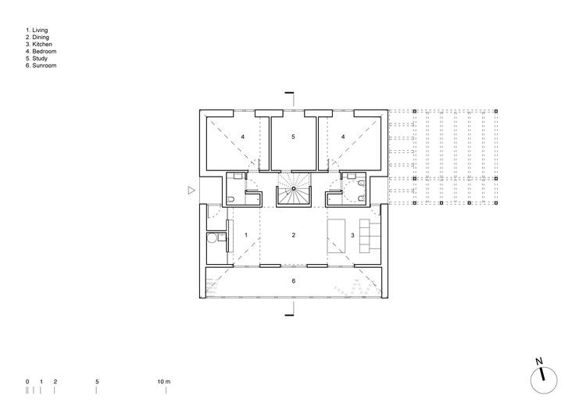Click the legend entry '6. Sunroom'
pyautogui.click(x=41, y=66)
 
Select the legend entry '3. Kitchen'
pyautogui.click(x=39, y=44)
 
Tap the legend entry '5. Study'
pyautogui.click(x=36, y=59)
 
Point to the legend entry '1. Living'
pyautogui.click(x=37, y=30)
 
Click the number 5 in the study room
pyautogui.click(x=293, y=137)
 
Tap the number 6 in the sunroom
pyautogui.click(x=293, y=281)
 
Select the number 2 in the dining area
pyautogui.click(x=293, y=235)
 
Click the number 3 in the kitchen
pyautogui.click(x=352, y=235)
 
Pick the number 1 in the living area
pyautogui.click(x=246, y=235)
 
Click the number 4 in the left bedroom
pyautogui.click(x=242, y=137)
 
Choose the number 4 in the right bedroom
pyautogui.click(x=343, y=137)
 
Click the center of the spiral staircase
pyautogui.click(x=294, y=189)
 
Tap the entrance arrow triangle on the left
pyautogui.click(x=191, y=191)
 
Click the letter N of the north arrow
pyautogui.click(x=539, y=362)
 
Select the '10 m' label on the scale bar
pyautogui.click(x=164, y=381)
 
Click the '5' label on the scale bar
pyautogui.click(x=97, y=381)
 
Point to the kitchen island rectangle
pyautogui.click(x=336, y=236)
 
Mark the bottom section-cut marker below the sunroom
pyautogui.click(x=290, y=310)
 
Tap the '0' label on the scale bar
pyautogui.click(x=27, y=381)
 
